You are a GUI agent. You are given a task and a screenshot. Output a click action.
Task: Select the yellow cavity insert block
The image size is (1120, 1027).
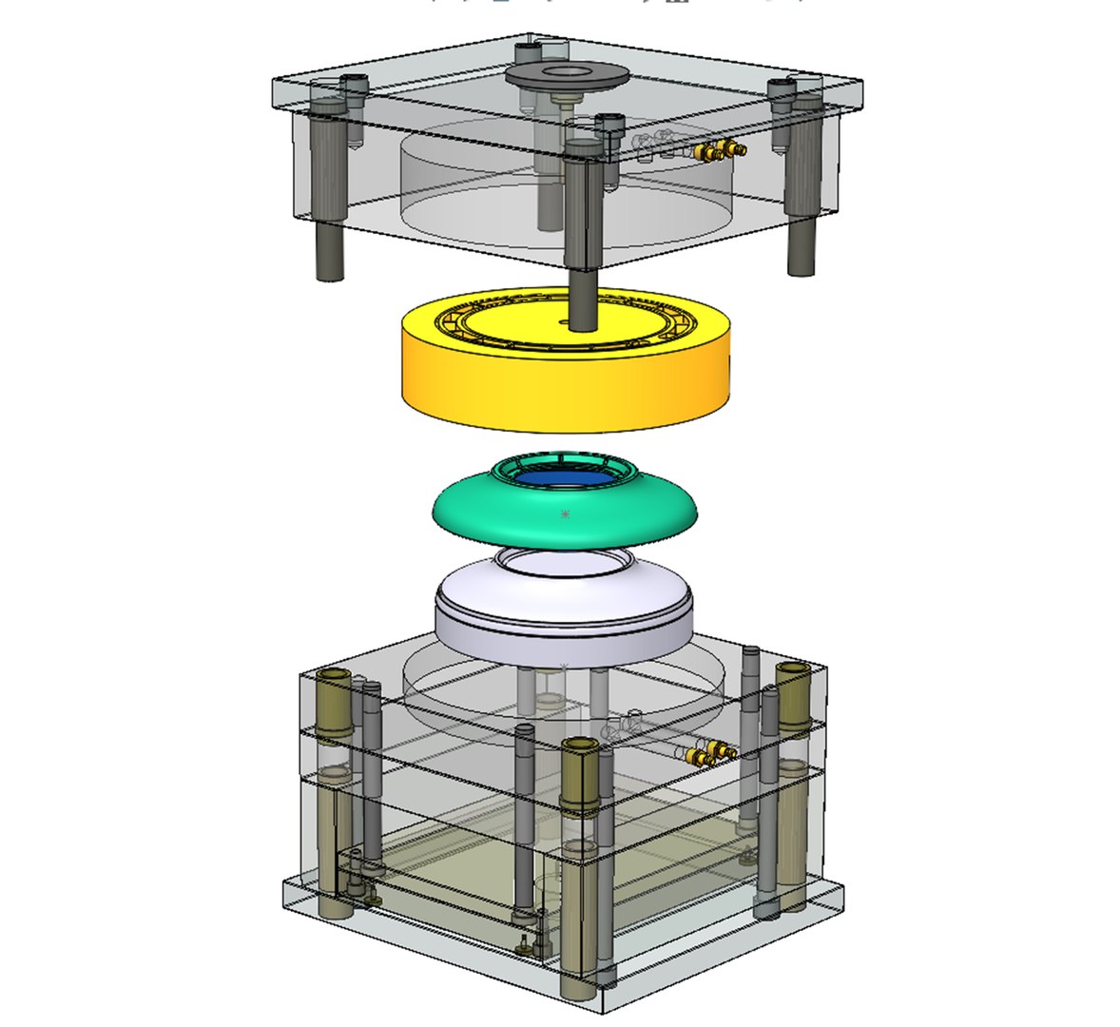coord(566,380)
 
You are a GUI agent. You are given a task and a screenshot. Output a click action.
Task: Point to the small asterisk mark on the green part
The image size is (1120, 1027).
coord(565,514)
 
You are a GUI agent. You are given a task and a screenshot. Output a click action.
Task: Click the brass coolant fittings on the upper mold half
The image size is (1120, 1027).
coord(719,149)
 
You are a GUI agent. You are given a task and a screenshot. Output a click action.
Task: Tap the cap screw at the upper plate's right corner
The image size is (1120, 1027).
coord(781,90)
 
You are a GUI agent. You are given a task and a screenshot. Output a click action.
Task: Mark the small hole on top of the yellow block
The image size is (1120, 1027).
coord(565,324)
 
